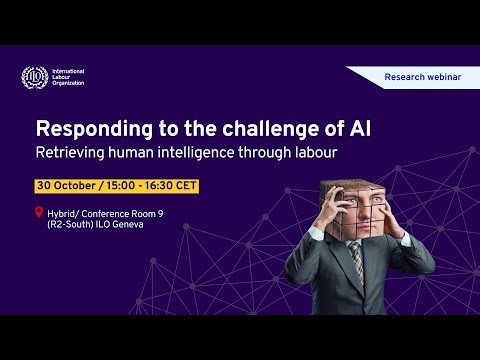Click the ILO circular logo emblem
(33, 77)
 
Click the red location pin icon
(39, 212)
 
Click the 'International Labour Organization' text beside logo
(68, 77)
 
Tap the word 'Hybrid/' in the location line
(67, 212)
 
